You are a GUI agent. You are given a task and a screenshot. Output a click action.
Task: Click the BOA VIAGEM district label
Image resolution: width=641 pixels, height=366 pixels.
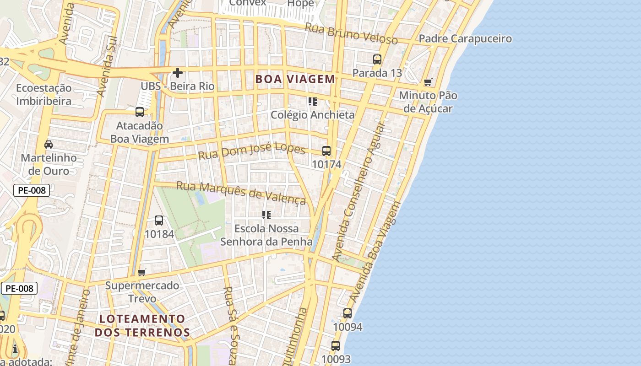point(295,79)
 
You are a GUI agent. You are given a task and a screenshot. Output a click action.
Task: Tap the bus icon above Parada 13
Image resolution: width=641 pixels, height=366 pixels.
point(377,59)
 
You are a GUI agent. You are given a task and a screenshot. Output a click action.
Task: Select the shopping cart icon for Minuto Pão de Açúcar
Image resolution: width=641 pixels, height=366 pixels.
point(428,82)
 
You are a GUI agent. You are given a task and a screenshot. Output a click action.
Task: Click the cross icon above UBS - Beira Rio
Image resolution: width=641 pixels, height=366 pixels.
point(178,73)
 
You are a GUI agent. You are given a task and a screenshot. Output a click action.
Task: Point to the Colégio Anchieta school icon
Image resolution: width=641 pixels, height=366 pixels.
point(313,102)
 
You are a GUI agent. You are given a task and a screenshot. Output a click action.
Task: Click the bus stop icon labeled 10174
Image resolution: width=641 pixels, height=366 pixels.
point(326,151)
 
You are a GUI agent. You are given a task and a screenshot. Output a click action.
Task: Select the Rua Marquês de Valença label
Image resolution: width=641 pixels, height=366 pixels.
point(241,193)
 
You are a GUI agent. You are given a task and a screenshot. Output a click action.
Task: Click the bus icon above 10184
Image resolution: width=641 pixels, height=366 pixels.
point(159,221)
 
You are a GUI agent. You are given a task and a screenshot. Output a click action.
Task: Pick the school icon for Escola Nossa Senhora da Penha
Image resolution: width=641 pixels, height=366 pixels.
point(266,215)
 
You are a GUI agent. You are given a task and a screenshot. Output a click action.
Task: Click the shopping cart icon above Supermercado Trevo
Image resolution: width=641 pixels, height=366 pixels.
point(142,273)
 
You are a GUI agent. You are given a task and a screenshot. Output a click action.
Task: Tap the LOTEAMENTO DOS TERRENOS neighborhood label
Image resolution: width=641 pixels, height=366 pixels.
point(142,325)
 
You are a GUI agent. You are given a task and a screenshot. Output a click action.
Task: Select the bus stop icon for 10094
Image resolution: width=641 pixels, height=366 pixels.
point(348,313)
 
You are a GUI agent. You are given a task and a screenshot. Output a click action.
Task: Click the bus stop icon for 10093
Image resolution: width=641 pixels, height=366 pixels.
point(336,346)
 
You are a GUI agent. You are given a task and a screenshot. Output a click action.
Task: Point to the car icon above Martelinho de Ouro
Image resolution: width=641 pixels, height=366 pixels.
point(49,145)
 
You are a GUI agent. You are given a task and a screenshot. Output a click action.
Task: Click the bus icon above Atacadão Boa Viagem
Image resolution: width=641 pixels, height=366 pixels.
point(140,112)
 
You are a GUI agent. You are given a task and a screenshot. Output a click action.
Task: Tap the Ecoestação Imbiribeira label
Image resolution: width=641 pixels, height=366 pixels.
point(44,94)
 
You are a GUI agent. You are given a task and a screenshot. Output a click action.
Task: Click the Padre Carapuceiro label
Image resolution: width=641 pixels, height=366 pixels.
point(465,39)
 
